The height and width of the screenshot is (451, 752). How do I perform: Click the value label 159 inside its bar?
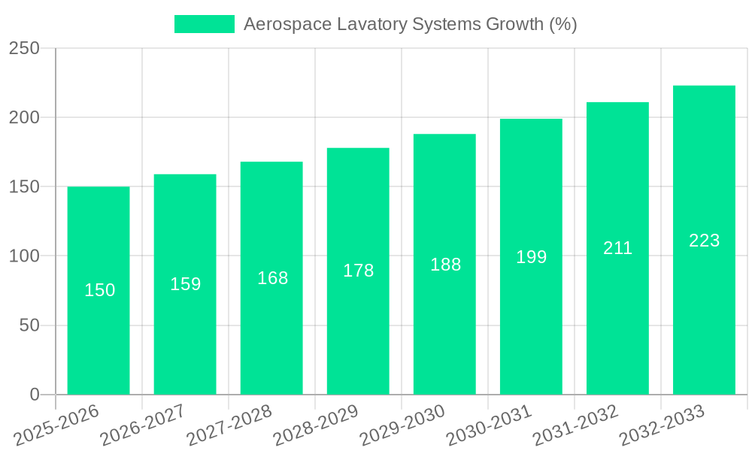coord(185,284)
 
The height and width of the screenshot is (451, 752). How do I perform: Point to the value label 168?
coord(272,278)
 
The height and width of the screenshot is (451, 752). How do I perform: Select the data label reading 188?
coord(445,265)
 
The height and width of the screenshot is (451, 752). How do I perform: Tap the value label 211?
coord(617,248)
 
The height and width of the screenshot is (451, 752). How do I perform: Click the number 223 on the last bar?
coord(704,241)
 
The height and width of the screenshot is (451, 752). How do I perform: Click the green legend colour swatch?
coord(205,24)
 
